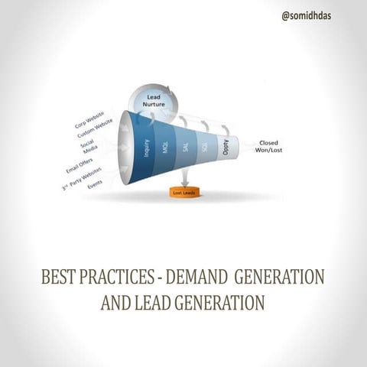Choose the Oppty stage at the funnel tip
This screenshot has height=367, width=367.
tap(227, 147)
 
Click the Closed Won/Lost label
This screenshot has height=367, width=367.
tap(268, 146)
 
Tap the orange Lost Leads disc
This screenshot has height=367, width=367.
tap(183, 193)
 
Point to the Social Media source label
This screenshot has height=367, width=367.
tap(90, 146)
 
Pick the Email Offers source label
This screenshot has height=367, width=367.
tap(81, 164)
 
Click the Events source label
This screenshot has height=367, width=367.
tap(95, 185)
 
